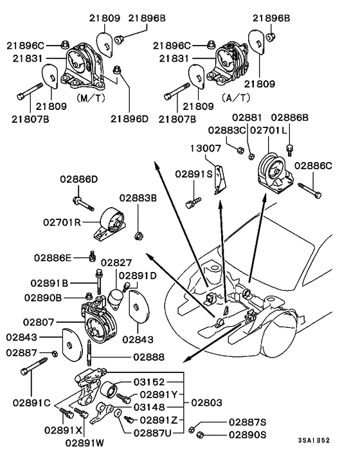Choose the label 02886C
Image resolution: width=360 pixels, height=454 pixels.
coord(314,166)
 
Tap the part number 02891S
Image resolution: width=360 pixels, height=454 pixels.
coord(195,174)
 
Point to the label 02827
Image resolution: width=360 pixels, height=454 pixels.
coord(116,262)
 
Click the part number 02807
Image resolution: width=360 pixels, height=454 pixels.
coord(42,320)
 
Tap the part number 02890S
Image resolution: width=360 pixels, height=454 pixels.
coord(249,435)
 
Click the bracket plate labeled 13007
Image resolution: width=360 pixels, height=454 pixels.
coord(219,179)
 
